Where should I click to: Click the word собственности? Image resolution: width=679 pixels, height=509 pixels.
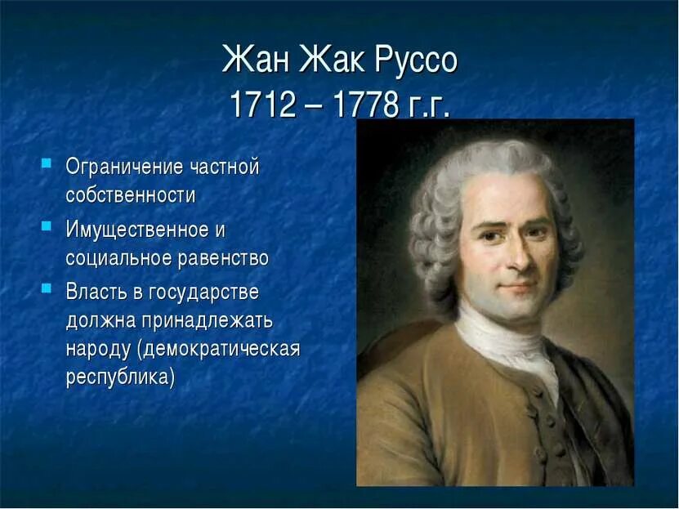[130, 196]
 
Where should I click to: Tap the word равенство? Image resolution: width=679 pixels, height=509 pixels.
[226, 258]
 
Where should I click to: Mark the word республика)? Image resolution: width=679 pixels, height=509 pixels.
[120, 379]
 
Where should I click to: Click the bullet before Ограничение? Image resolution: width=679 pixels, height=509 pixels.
[47, 163]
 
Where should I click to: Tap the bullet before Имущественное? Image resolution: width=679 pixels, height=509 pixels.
[47, 224]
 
